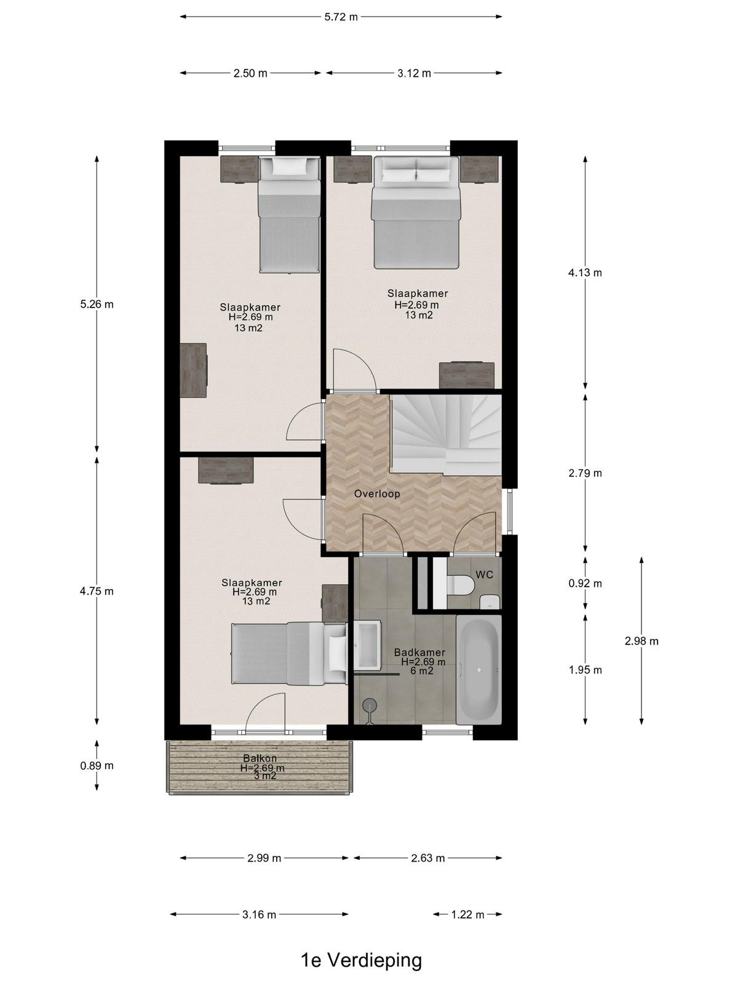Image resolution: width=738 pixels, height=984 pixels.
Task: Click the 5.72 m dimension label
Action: [341, 17]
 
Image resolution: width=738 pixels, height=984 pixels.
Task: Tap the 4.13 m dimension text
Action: [585, 272]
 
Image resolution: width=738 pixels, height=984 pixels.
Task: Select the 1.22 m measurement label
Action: [467, 915]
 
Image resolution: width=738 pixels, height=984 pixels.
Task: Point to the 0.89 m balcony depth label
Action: [97, 766]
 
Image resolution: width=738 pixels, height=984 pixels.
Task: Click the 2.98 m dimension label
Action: [641, 641]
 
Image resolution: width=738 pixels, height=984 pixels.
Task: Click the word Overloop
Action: [377, 494]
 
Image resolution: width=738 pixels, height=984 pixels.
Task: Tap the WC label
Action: [485, 574]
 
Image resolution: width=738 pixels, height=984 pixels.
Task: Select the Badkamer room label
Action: [419, 653]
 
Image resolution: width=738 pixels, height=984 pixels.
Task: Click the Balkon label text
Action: [260, 758]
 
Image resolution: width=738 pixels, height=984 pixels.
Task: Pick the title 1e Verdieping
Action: [362, 960]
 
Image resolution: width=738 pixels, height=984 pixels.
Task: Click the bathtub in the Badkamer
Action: [478, 669]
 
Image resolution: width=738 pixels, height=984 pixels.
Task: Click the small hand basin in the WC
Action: [490, 601]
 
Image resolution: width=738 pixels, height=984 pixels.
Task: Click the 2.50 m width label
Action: [250, 73]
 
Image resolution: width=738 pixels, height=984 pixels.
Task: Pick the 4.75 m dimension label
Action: [97, 591]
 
